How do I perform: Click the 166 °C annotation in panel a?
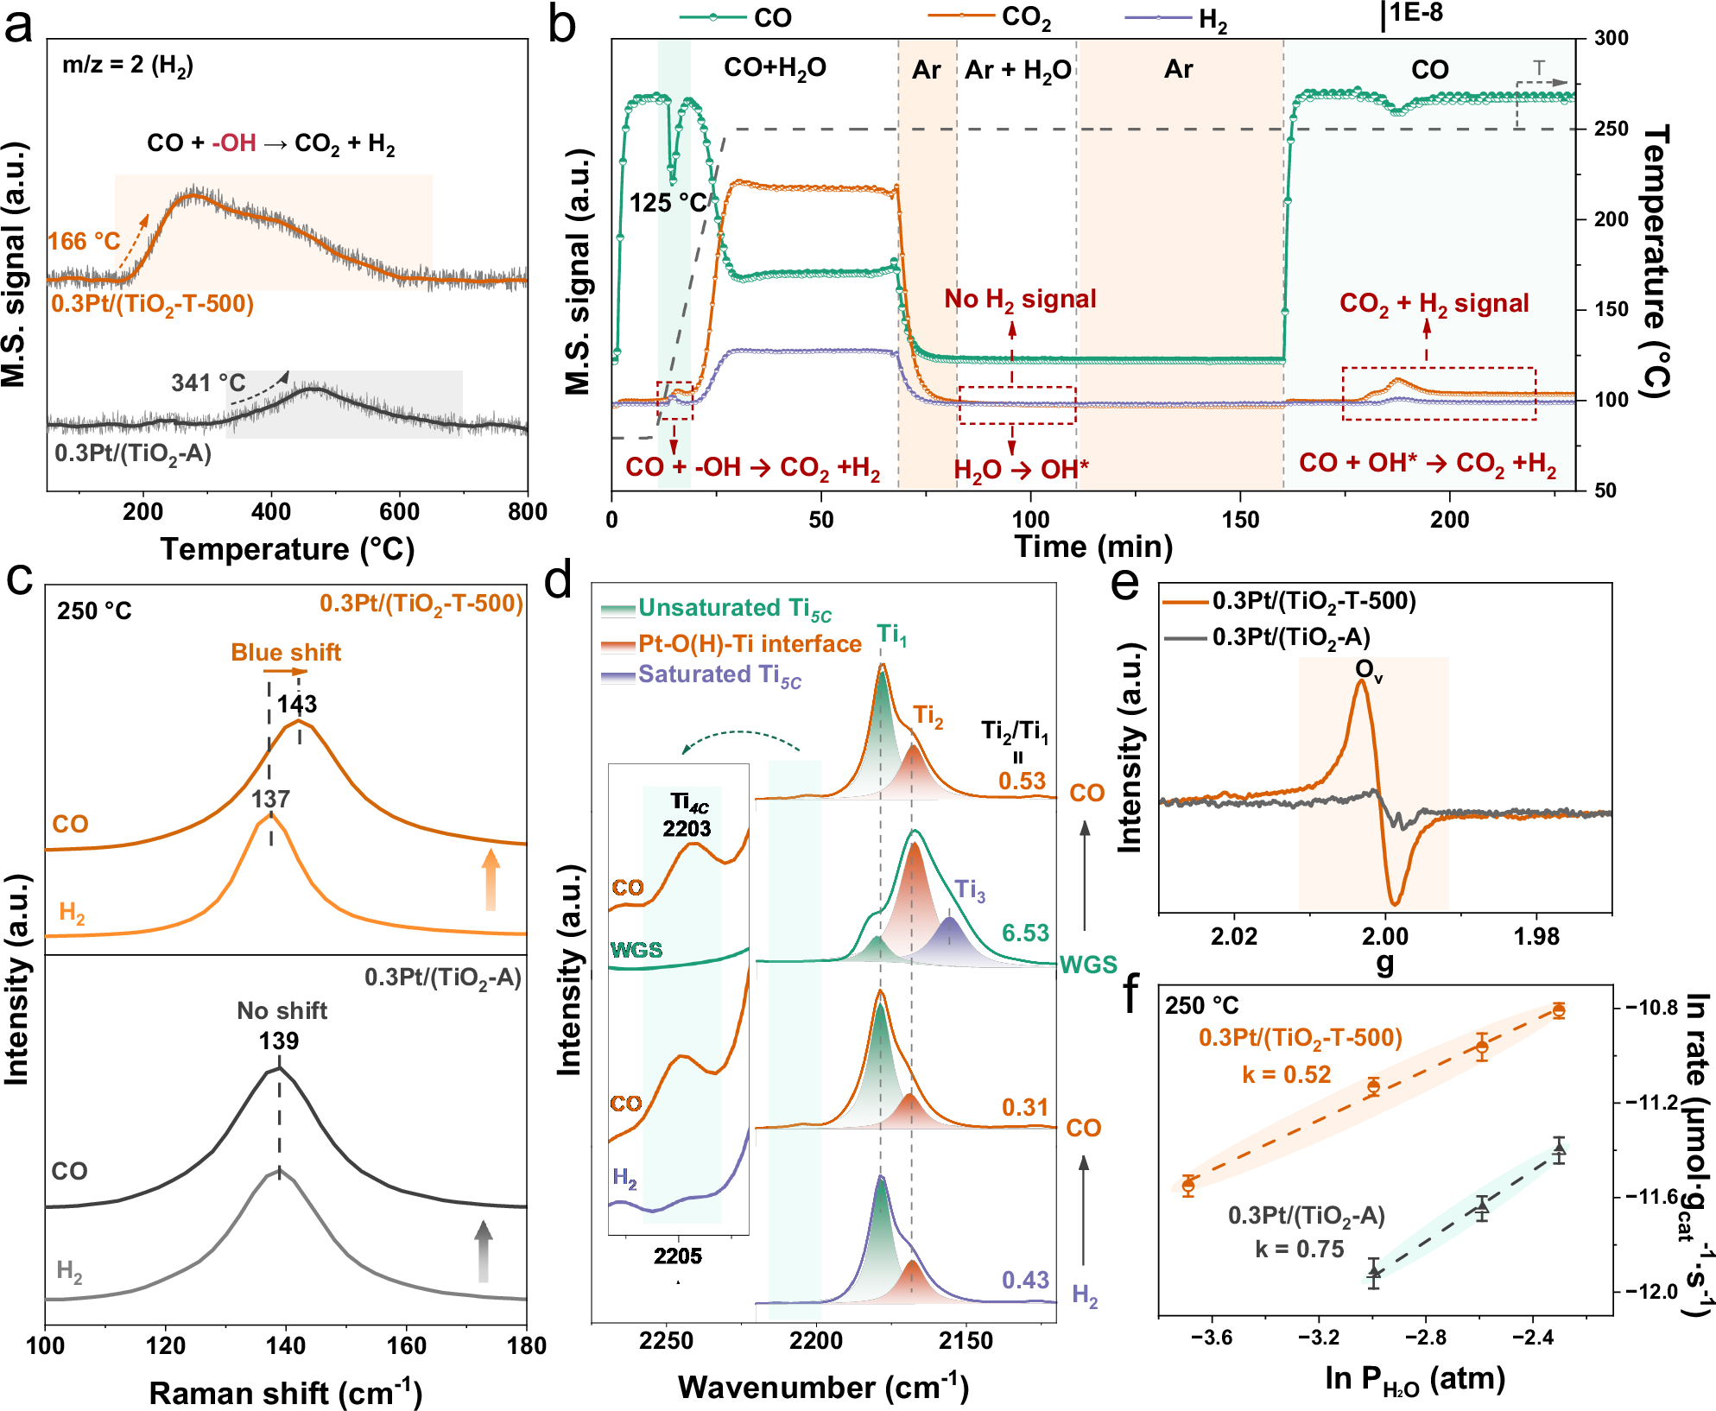[84, 241]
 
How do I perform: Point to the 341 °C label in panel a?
[208, 383]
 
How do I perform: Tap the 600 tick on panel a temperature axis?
[399, 512]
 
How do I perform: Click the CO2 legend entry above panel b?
[1025, 17]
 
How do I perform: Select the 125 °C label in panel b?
[668, 204]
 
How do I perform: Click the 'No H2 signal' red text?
[1020, 300]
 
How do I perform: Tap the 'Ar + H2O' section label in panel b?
[1017, 70]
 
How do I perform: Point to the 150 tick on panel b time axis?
[1240, 520]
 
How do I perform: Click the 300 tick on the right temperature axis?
[1612, 38]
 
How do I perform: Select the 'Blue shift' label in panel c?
[286, 653]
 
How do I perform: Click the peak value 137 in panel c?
[270, 800]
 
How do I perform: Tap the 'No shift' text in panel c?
[282, 1011]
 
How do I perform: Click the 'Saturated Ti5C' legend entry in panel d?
[719, 675]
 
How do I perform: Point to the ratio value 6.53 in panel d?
[1025, 933]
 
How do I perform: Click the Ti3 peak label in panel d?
[970, 890]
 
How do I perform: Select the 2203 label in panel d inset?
[687, 829]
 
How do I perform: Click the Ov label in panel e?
[1368, 670]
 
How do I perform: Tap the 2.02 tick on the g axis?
[1234, 937]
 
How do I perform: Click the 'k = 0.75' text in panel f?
[1300, 1250]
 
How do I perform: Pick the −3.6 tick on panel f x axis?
[1212, 1338]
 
